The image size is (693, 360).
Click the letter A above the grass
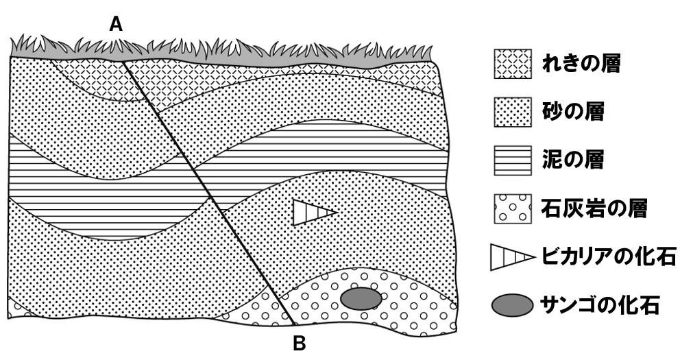coord(117,25)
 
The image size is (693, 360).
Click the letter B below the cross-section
coord(300,342)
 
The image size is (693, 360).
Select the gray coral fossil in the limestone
coord(361,298)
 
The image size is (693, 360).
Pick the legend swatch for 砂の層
coord(513,112)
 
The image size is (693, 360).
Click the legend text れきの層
coord(581,66)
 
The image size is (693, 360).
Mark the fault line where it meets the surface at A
coord(124,60)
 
